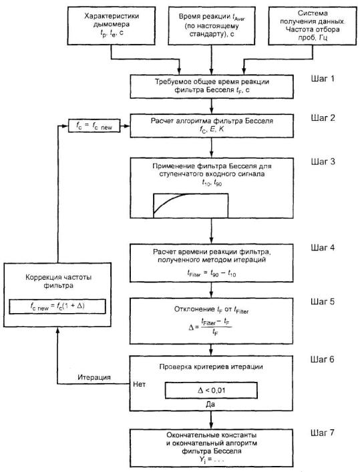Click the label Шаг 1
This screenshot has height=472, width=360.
click(323, 79)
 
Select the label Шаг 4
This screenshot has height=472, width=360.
click(323, 248)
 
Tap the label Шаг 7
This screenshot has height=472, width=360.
click(323, 433)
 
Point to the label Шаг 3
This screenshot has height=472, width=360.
click(323, 162)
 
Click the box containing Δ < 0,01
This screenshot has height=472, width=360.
click(211, 391)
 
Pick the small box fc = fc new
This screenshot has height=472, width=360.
click(94, 126)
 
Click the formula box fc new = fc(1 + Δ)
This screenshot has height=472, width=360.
click(57, 306)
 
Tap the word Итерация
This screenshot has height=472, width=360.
click(94, 377)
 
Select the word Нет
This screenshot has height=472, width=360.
click(139, 385)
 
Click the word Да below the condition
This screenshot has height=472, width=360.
click(210, 404)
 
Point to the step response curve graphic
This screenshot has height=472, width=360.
click(191, 206)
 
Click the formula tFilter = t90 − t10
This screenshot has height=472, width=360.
click(212, 273)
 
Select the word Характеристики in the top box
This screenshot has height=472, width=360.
click(112, 16)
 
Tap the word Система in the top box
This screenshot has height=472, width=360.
click(313, 13)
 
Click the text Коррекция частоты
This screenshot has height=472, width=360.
click(59, 277)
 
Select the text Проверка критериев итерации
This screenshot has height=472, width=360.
click(211, 367)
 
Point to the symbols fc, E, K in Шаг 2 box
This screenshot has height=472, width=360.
click(212, 130)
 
